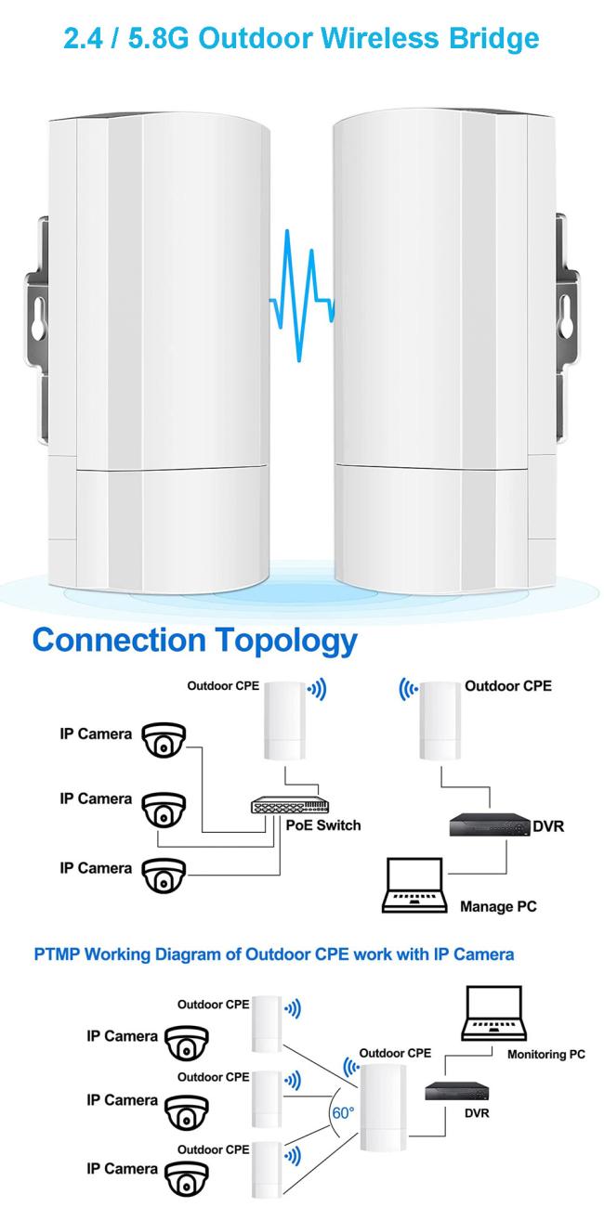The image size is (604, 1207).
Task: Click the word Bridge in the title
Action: (493, 39)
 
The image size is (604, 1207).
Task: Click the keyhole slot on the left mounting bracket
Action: (38, 320)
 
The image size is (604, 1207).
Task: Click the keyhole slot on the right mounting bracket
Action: (566, 316)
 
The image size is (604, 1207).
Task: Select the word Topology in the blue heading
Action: (286, 642)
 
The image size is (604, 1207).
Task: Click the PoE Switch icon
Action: (290, 805)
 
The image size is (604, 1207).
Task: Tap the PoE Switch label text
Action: (323, 825)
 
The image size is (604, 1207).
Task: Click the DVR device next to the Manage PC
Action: (490, 825)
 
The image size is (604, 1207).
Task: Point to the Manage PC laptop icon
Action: (414, 886)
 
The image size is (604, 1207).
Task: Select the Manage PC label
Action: (498, 906)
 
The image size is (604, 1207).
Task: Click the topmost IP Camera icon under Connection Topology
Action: (164, 740)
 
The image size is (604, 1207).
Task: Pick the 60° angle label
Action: (343, 1112)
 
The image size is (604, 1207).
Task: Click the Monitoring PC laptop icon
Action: (493, 1014)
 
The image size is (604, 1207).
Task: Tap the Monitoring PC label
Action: (546, 1055)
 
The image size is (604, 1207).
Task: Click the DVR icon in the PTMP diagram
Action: (457, 1092)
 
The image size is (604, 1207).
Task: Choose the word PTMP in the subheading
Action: (57, 954)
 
